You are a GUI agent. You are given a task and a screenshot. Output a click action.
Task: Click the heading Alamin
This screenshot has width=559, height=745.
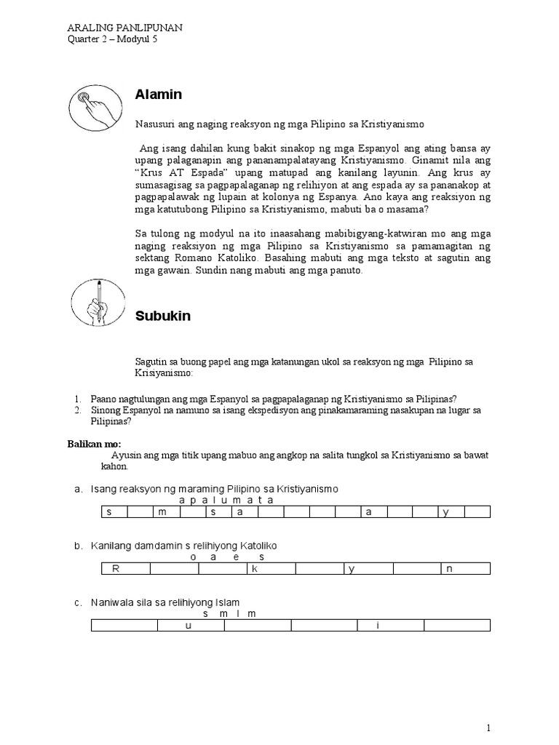point(158,95)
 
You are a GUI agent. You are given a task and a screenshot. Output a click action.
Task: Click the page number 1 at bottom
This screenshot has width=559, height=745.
point(489,728)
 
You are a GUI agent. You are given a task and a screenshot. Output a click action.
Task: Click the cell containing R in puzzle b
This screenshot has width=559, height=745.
point(115,569)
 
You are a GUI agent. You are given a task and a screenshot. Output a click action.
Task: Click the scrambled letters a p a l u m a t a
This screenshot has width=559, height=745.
point(226,500)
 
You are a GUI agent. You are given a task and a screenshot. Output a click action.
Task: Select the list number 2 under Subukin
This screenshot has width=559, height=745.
point(77,410)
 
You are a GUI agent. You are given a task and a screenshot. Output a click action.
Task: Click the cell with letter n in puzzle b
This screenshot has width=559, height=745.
point(449,569)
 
